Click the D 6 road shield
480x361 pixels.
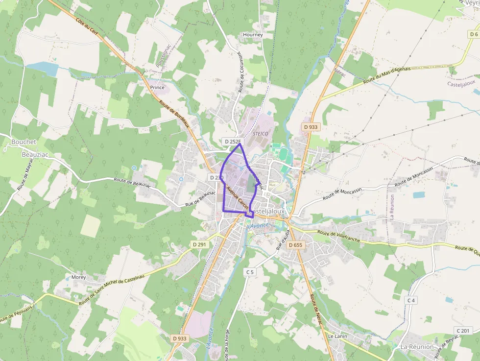click(x=473, y=34)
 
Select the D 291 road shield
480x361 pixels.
click(x=199, y=244)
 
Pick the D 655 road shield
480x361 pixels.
click(x=296, y=245)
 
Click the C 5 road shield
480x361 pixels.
click(x=250, y=272)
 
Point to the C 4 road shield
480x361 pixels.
click(x=410, y=300)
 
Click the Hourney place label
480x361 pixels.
click(x=253, y=35)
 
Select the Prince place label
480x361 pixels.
click(x=158, y=87)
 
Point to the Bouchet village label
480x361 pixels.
click(x=24, y=142)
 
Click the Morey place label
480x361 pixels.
click(x=78, y=277)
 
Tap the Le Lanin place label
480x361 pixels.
click(x=337, y=337)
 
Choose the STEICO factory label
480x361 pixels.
click(x=262, y=133)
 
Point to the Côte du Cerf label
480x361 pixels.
click(x=87, y=26)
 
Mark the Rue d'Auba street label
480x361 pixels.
click(x=284, y=240)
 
